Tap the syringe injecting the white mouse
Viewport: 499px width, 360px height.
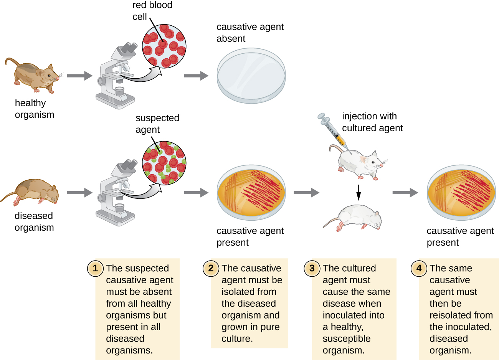click(332, 130)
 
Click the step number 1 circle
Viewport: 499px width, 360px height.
click(95, 268)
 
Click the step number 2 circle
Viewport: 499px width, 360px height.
click(211, 268)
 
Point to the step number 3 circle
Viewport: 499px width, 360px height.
click(312, 268)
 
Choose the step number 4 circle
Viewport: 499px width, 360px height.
click(419, 268)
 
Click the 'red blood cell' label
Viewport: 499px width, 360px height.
click(152, 11)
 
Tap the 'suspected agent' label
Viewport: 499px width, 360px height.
click(157, 124)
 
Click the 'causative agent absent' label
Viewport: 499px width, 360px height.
click(250, 33)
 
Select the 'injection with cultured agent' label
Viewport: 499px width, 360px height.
click(372, 122)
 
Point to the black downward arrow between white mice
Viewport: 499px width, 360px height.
click(359, 193)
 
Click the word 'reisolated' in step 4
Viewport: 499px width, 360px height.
click(461, 315)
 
